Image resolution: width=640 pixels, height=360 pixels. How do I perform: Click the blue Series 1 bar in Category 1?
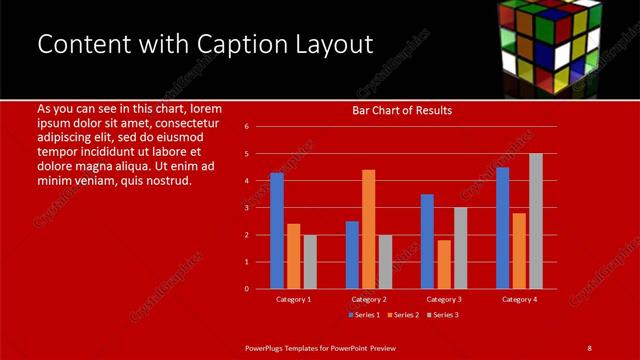point(277,231)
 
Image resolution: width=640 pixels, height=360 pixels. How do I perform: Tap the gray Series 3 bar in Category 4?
point(536,221)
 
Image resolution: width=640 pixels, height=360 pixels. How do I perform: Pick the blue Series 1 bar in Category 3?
point(427,241)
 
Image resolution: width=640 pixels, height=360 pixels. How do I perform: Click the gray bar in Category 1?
point(310,262)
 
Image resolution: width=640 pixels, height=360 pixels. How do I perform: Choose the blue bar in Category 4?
point(502,228)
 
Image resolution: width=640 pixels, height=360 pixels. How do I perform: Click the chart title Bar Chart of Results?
point(402,110)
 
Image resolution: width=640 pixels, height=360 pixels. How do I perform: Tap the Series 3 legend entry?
point(443,315)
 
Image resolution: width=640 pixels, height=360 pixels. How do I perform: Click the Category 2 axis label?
point(369,299)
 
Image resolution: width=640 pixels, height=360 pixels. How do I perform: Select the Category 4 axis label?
point(519,299)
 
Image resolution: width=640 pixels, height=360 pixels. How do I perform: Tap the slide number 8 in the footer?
point(589,347)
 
